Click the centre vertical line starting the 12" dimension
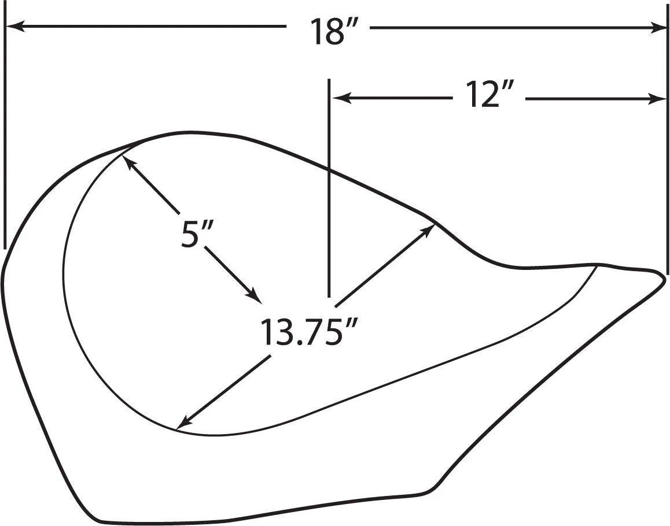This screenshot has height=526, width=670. pos(329,185)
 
